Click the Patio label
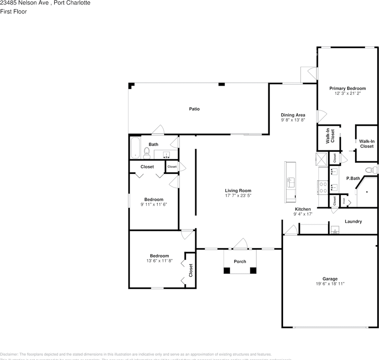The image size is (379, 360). pyautogui.click(x=194, y=109)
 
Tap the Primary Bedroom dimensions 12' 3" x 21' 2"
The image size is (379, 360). pyautogui.click(x=348, y=93)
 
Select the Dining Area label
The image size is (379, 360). pyautogui.click(x=293, y=115)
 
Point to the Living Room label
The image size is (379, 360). pyautogui.click(x=238, y=190)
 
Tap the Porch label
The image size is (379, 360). pyautogui.click(x=240, y=261)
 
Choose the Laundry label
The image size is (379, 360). pyautogui.click(x=353, y=222)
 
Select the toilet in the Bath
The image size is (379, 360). pyautogui.click(x=147, y=152)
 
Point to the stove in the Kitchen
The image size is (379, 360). pyautogui.click(x=322, y=187)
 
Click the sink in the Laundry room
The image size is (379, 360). pyautogui.click(x=335, y=230)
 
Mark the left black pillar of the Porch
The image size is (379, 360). pyautogui.click(x=227, y=270)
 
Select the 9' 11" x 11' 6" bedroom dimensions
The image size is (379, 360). pyautogui.click(x=154, y=204)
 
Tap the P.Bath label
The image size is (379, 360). pyautogui.click(x=353, y=178)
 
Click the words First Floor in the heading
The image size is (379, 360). pyautogui.click(x=13, y=12)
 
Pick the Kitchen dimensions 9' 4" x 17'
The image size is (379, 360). pyautogui.click(x=303, y=214)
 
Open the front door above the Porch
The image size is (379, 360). pyautogui.click(x=240, y=244)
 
